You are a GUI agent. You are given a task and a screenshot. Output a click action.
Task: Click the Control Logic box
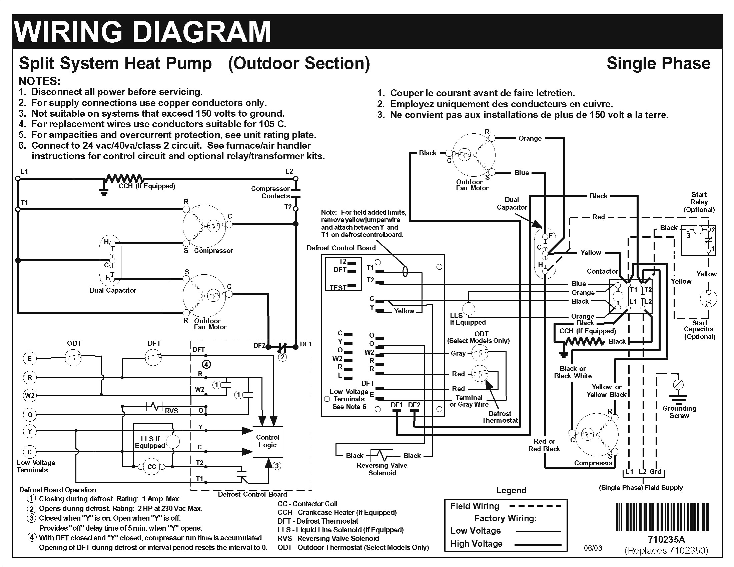[267, 442]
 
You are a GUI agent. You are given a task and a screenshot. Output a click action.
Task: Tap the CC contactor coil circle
[152, 467]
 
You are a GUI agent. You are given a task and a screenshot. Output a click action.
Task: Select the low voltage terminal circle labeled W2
[30, 395]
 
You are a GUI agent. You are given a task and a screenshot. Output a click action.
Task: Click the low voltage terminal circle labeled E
[30, 358]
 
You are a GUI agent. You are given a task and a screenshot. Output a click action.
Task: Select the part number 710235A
[666, 539]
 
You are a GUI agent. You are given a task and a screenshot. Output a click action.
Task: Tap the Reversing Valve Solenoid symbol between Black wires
[382, 456]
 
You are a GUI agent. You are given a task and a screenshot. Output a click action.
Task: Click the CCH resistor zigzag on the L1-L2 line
[125, 178]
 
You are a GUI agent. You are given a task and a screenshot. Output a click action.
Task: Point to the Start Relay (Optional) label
[699, 202]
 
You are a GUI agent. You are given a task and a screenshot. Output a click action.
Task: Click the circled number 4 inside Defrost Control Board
[206, 364]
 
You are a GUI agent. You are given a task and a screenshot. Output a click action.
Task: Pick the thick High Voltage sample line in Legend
[538, 545]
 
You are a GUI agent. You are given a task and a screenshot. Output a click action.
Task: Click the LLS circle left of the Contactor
[469, 308]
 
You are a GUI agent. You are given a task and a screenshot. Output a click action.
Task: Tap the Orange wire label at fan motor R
[530, 138]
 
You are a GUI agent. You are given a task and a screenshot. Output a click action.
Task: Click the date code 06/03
[593, 548]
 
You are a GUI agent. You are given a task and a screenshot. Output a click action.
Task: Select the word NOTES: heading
[39, 81]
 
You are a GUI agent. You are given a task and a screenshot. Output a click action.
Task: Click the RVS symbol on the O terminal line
[154, 406]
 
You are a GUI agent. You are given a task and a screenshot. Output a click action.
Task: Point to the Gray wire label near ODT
[458, 353]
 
